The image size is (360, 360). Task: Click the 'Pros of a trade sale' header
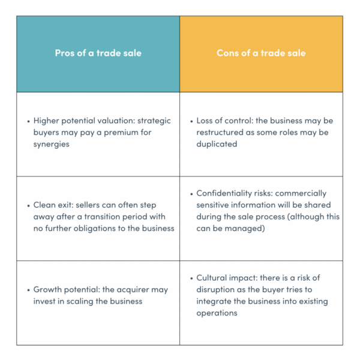(98, 53)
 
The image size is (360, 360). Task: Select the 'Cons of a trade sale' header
(261, 53)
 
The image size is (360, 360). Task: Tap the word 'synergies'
(51, 145)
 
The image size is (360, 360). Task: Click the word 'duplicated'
(217, 144)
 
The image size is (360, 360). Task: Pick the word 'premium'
(121, 133)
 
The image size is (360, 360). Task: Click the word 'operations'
(217, 313)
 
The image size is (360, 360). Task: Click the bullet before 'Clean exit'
(28, 205)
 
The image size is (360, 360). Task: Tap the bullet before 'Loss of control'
(191, 121)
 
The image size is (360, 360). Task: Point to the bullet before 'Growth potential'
(28, 290)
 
